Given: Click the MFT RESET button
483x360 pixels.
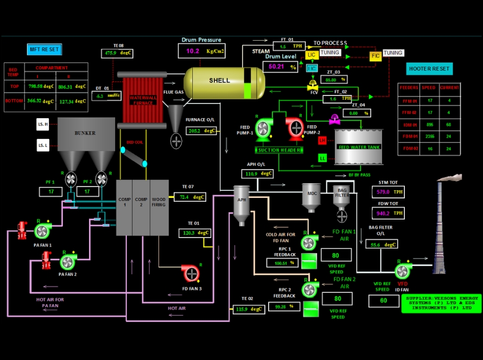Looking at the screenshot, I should pyautogui.click(x=45, y=50).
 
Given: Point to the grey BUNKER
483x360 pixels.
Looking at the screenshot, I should pyautogui.click(x=86, y=133).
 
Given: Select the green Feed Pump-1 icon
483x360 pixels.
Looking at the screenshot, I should pyautogui.click(x=262, y=128).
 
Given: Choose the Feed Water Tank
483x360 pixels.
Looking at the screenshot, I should pyautogui.click(x=359, y=146).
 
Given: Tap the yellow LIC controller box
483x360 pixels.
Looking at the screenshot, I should pyautogui.click(x=312, y=55).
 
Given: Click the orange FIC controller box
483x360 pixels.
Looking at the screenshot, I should pyautogui.click(x=376, y=56).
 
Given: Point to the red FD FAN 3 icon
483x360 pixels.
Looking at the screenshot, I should pyautogui.click(x=190, y=273).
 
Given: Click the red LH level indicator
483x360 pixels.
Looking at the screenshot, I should pyautogui.click(x=322, y=141).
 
